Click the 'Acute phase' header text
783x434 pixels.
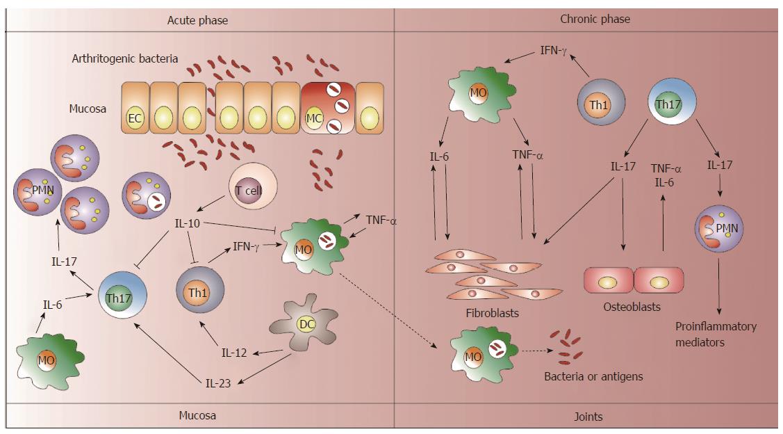pyautogui.click(x=197, y=20)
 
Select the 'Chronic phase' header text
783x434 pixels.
pyautogui.click(x=594, y=19)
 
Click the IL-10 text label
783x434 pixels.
pyautogui.click(x=189, y=223)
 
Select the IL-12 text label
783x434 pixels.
pyautogui.click(x=234, y=353)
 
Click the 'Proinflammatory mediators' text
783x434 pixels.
pyautogui.click(x=716, y=334)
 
